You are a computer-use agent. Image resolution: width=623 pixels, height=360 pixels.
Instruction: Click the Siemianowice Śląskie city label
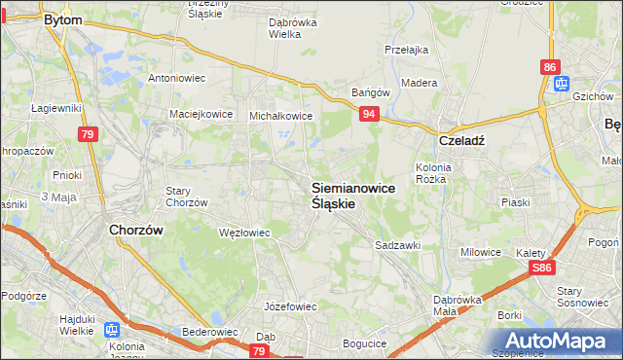pos(352,196)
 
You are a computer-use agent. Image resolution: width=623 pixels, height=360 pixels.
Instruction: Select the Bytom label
pos(63,18)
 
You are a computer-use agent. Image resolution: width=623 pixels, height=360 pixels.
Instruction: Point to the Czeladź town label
pos(461,139)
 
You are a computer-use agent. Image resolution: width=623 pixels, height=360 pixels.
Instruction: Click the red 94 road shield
pos(368,115)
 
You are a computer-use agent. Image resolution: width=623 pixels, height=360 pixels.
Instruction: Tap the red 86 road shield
pos(551,67)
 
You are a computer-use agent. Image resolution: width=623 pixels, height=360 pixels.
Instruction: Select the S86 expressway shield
pos(544,268)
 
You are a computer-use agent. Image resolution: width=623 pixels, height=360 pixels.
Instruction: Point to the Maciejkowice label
pos(201,113)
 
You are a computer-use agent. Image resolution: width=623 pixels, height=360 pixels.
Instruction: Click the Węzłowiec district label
pos(243,233)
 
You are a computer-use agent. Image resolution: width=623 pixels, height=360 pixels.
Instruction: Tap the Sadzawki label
pos(397,245)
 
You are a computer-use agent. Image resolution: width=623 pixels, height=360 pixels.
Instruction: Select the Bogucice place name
pos(365,343)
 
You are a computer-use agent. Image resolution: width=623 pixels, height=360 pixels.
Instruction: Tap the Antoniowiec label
pos(174,77)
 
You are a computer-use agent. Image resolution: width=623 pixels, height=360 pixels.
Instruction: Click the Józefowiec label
pos(291,306)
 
